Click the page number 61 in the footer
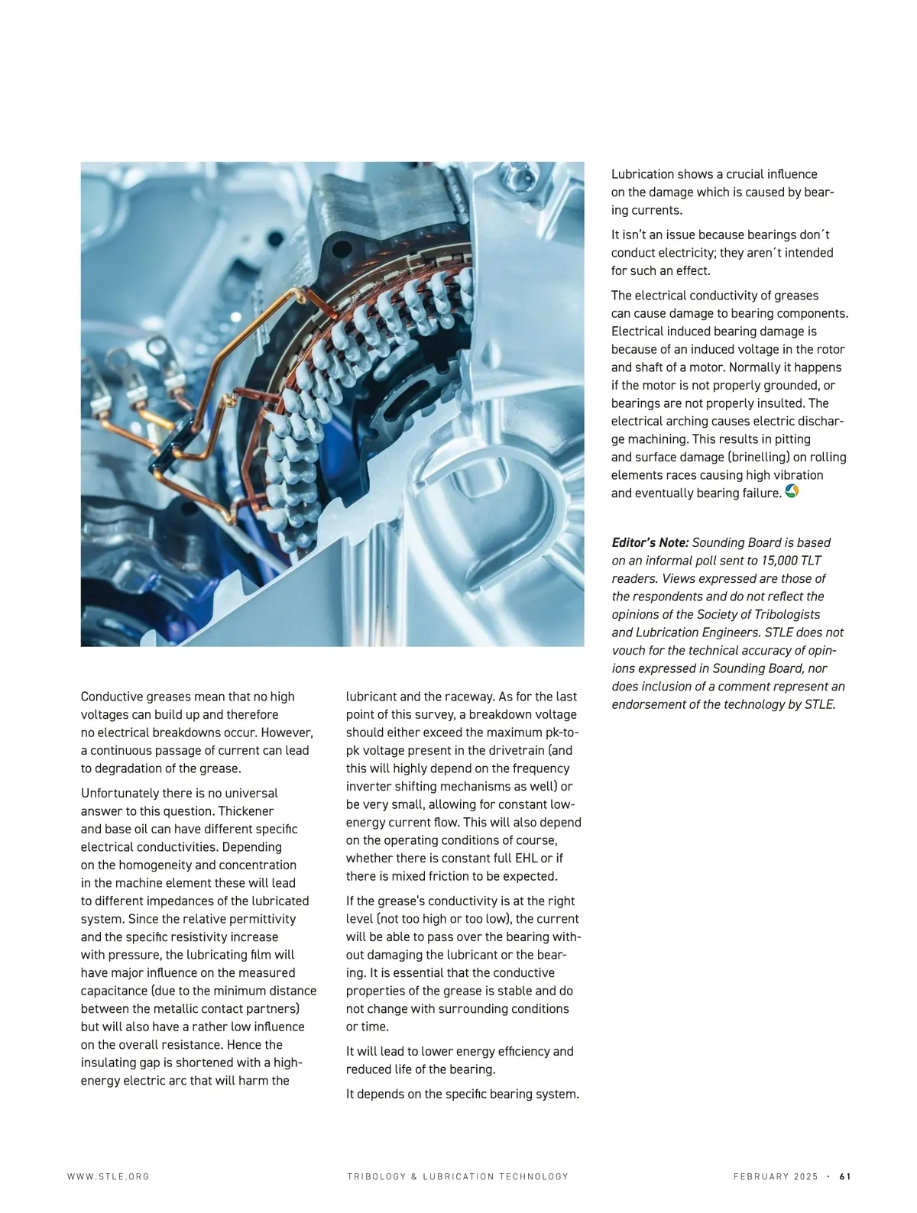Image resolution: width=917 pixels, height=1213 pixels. [x=845, y=1176]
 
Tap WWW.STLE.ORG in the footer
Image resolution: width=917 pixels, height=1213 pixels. [x=109, y=1176]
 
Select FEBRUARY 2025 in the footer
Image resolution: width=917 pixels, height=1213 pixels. [x=776, y=1176]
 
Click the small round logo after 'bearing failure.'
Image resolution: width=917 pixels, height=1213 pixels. [x=792, y=492]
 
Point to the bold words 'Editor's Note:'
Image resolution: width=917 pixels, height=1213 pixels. [x=650, y=542]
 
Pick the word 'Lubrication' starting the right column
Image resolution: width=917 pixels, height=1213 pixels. [x=643, y=174]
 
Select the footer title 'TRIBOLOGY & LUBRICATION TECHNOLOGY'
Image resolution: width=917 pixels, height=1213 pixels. [x=458, y=1176]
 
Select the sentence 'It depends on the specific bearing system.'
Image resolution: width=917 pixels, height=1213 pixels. [x=462, y=1094]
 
